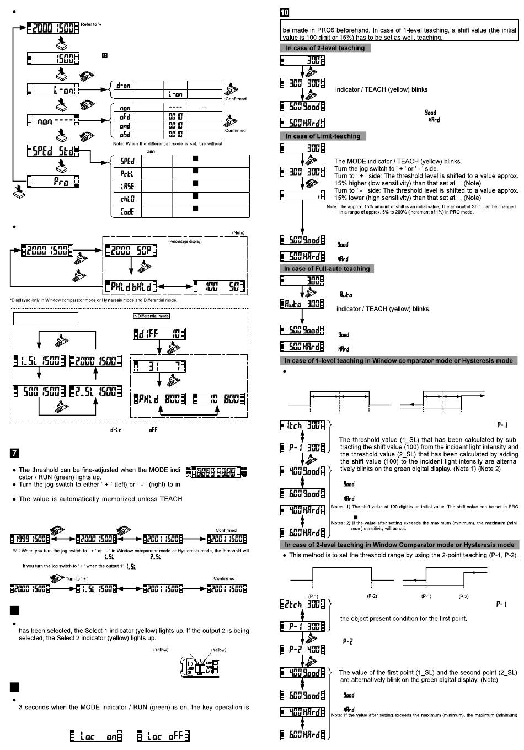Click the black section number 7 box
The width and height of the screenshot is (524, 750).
(15, 453)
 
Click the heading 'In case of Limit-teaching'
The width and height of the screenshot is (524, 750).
(323, 136)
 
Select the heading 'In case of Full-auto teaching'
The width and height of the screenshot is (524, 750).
(327, 268)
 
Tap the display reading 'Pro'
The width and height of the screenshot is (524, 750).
(54, 181)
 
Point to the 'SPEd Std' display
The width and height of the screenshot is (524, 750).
(54, 151)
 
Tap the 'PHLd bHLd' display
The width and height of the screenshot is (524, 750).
(131, 287)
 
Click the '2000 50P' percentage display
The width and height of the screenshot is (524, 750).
(131, 250)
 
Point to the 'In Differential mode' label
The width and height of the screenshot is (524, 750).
(151, 316)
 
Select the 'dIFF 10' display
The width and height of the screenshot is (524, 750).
(159, 334)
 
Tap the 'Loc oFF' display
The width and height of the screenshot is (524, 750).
(163, 736)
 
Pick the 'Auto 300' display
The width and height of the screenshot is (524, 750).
(302, 304)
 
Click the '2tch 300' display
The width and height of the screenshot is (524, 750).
(302, 604)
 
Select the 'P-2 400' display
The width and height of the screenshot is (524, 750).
(302, 649)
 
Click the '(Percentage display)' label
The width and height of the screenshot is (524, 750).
(185, 241)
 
